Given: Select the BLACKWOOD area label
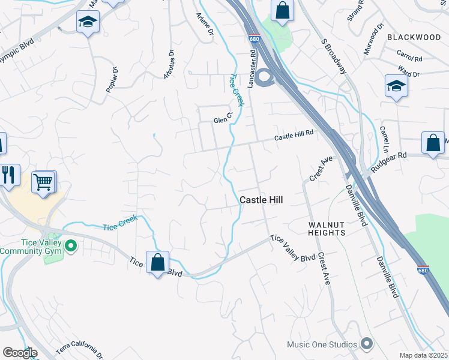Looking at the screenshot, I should tap(414, 37).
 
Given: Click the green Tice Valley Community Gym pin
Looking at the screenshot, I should tap(70, 245).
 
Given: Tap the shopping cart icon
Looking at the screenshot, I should tap(43, 181).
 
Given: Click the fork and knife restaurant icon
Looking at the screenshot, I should tap(8, 175).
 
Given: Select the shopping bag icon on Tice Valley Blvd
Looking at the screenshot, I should tap(157, 262).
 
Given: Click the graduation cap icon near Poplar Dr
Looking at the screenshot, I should tap(88, 23).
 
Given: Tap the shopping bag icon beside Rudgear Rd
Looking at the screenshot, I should tap(433, 143).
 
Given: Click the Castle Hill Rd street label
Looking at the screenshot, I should tap(294, 135).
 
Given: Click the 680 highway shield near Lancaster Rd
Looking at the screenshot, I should tap(254, 38).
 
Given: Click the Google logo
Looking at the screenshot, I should tap(20, 353).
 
